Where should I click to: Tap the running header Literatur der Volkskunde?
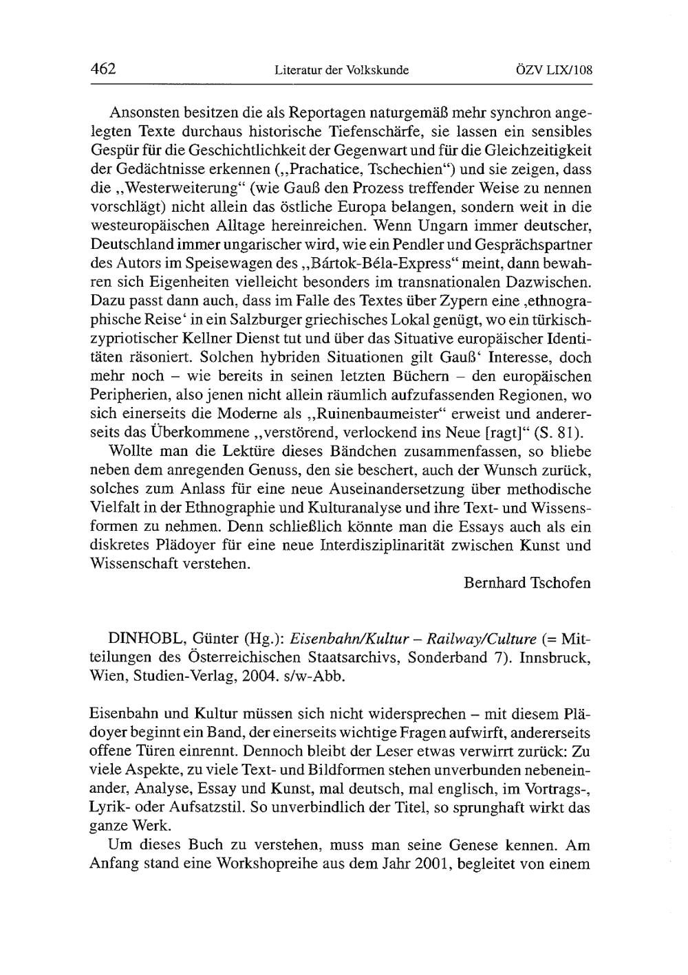[x=341, y=70]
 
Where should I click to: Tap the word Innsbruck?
[x=551, y=657]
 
